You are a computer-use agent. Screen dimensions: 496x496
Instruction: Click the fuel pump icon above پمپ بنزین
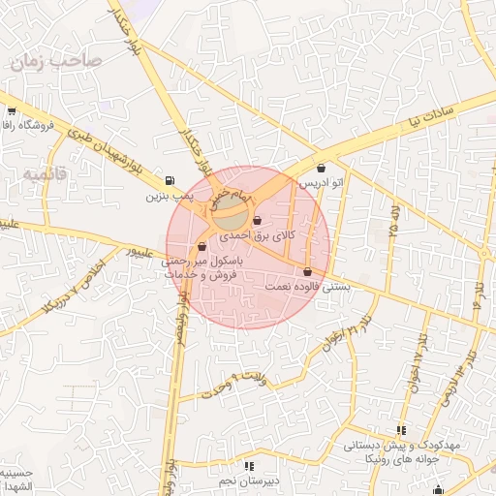pyautogui.click(x=170, y=180)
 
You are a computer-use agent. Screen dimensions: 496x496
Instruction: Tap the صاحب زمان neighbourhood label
pyautogui.click(x=56, y=62)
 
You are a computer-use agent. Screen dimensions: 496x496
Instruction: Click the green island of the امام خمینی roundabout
pyautogui.click(x=230, y=204)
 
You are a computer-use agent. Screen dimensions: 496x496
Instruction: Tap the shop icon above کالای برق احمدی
pyautogui.click(x=256, y=220)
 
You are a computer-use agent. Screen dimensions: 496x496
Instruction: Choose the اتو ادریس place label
pyautogui.click(x=321, y=183)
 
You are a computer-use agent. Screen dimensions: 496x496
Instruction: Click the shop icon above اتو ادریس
pyautogui.click(x=321, y=169)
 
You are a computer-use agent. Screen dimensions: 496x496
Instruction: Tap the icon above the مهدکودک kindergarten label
pyautogui.click(x=401, y=430)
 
